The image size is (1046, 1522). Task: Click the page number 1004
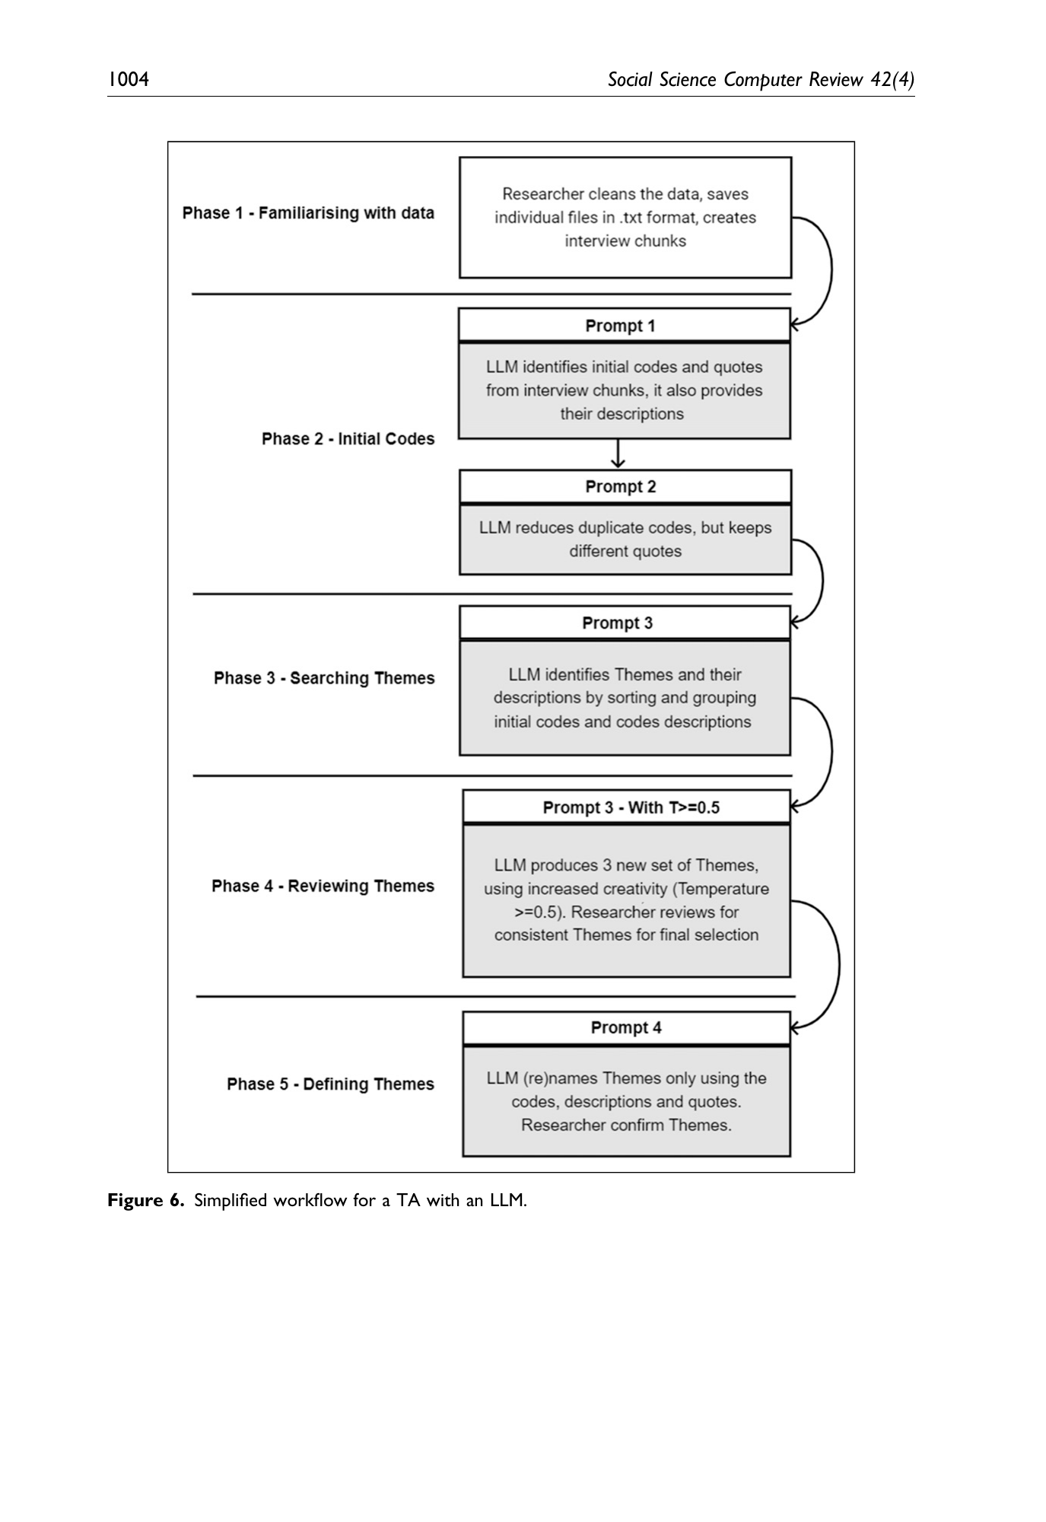click(x=128, y=79)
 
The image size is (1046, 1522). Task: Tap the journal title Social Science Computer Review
click(x=736, y=80)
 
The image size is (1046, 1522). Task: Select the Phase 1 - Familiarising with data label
click(x=308, y=213)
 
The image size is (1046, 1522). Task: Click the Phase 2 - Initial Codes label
click(x=348, y=439)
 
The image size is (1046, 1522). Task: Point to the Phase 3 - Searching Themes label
click(x=324, y=678)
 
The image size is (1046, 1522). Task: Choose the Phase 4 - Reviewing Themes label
click(x=323, y=886)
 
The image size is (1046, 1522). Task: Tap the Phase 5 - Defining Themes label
click(x=330, y=1084)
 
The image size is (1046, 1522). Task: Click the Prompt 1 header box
click(x=625, y=325)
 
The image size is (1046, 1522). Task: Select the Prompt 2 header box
click(x=625, y=486)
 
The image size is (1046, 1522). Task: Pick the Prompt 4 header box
click(x=626, y=1028)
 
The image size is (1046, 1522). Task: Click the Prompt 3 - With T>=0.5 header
click(x=626, y=807)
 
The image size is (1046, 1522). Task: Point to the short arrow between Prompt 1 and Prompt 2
click(x=618, y=454)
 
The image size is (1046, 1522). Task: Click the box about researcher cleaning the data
click(x=625, y=218)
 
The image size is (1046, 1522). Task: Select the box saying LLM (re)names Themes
click(x=626, y=1101)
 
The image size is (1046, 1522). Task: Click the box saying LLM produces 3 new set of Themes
click(x=626, y=900)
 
